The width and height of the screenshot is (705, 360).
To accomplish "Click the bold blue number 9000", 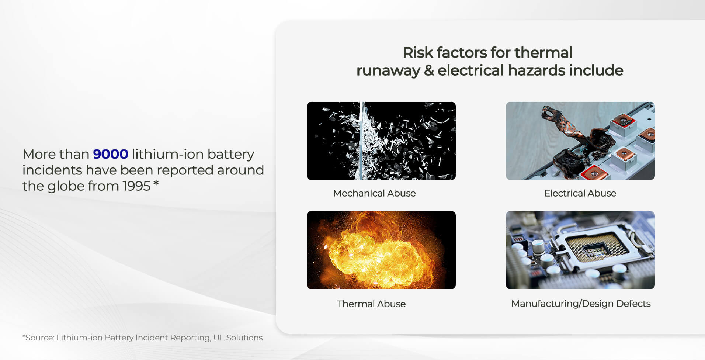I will point(110,154).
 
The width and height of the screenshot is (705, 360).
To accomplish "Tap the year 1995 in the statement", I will point(136,186).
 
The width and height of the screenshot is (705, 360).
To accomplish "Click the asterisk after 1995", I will point(156,183).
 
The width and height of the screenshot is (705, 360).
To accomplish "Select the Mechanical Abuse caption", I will point(374,193).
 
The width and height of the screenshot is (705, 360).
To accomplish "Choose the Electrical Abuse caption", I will point(580,193).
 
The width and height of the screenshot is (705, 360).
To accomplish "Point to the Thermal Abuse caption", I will point(371,304).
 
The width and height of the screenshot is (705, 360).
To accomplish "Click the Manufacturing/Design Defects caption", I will point(581,304).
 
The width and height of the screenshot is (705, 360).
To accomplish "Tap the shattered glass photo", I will point(381,141).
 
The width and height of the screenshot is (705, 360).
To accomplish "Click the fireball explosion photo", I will point(381,250).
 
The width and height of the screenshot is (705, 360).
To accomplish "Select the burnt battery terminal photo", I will point(580,141).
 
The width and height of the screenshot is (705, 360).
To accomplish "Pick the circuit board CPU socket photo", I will point(580,250).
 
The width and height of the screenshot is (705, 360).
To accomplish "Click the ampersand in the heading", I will point(428,70).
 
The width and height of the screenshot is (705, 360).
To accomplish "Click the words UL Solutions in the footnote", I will point(238,338).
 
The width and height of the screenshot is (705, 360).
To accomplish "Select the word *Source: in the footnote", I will point(38,338).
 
